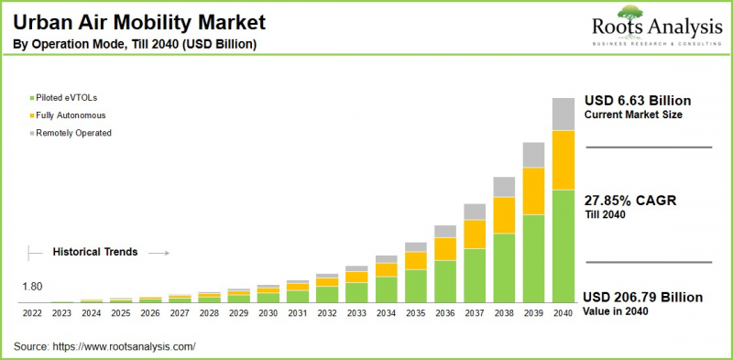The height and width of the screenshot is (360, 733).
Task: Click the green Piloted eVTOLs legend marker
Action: click(32, 97)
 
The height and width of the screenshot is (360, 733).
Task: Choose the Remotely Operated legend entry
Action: click(73, 133)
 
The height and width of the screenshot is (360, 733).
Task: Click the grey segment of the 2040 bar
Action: click(562, 114)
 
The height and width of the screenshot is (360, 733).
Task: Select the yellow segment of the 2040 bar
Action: click(562, 160)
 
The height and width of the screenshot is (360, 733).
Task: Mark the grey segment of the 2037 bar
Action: click(474, 212)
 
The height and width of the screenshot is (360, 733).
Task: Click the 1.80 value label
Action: click(32, 287)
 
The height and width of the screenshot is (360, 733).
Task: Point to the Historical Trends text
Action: click(94, 251)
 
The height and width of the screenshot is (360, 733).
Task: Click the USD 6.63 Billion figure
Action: click(637, 100)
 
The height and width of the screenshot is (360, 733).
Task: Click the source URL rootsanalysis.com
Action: click(126, 346)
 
